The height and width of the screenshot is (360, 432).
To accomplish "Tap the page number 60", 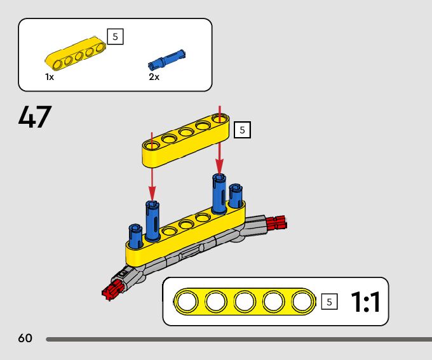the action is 25,338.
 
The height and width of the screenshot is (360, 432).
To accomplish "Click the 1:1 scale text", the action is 365,303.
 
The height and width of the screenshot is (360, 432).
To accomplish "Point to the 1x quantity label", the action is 50,77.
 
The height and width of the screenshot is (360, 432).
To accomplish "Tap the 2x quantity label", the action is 154,77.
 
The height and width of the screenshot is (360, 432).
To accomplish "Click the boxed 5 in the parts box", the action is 115,36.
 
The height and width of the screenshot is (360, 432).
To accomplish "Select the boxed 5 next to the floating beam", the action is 242,130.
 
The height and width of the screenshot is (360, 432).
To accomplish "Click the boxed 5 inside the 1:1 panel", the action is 328,302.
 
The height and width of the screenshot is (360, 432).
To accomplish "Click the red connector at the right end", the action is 277,222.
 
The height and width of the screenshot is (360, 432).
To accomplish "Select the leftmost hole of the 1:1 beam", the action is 187,302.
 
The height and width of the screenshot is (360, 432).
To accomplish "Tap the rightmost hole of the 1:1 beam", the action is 304,302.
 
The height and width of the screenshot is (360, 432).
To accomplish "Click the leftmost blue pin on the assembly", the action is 135,236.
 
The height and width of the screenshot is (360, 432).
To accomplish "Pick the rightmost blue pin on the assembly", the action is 236,196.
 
